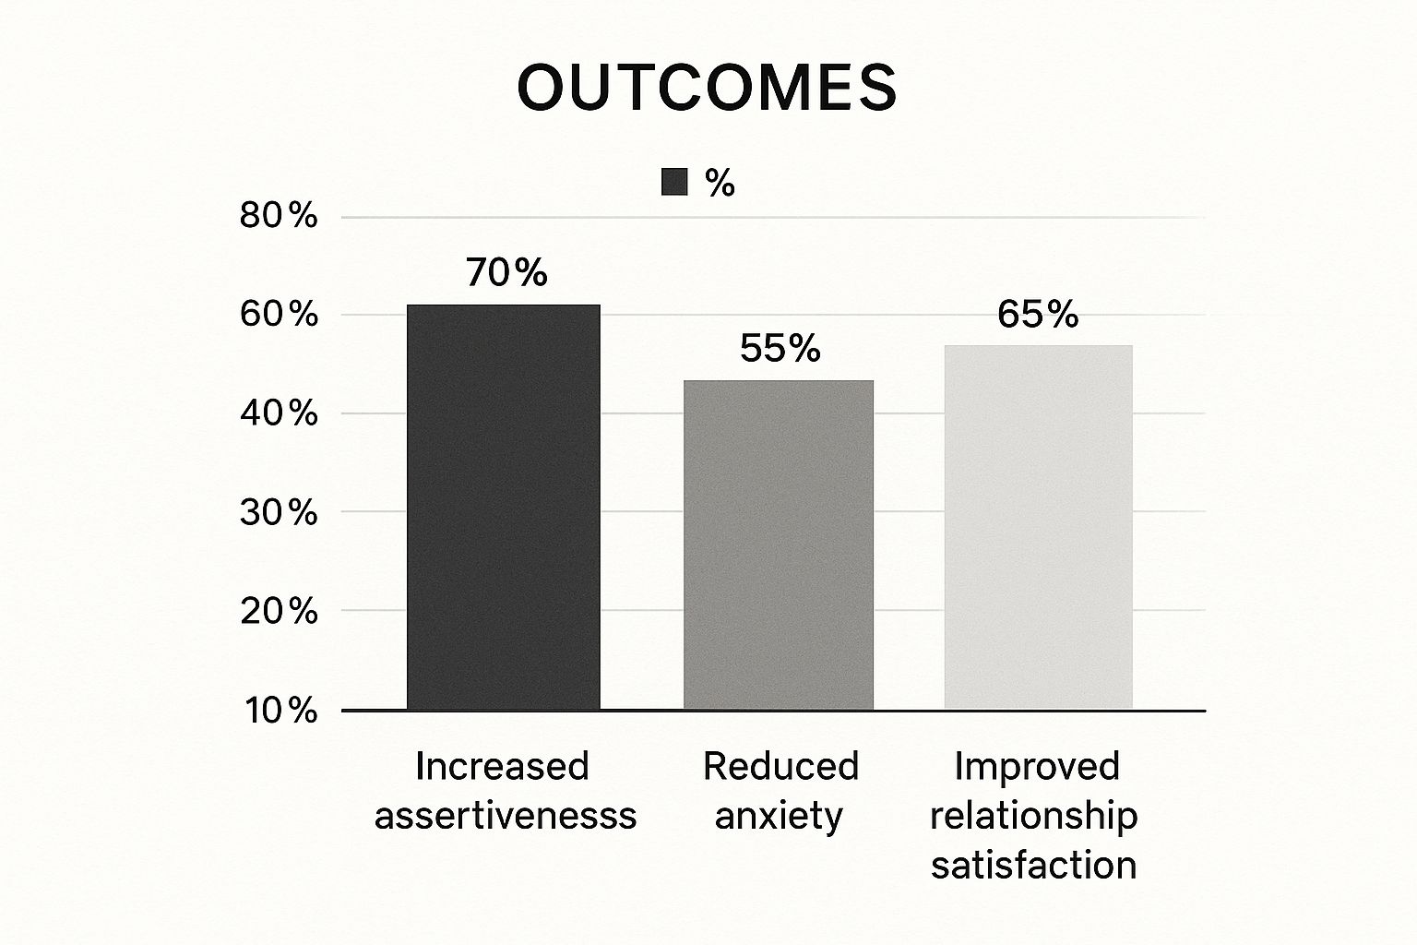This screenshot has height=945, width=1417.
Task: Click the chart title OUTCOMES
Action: pyautogui.click(x=707, y=89)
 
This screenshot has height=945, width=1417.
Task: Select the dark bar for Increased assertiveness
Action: pyautogui.click(x=504, y=507)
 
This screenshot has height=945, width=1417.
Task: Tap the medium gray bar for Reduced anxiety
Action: pyautogui.click(x=778, y=544)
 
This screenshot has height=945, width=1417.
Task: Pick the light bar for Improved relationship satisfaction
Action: pyautogui.click(x=1038, y=527)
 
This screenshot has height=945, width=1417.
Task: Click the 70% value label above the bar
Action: pyautogui.click(x=506, y=273)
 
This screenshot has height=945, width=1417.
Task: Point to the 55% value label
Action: pyautogui.click(x=780, y=349)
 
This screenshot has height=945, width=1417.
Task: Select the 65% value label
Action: pyautogui.click(x=1038, y=315)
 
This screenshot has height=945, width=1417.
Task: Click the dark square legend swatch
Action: pyautogui.click(x=674, y=183)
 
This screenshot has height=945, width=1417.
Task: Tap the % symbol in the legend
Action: pyautogui.click(x=720, y=184)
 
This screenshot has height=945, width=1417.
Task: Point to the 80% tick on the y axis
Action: pyautogui.click(x=279, y=217)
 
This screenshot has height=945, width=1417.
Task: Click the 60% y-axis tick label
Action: pyautogui.click(x=279, y=315)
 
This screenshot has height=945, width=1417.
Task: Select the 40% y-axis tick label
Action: pyautogui.click(x=279, y=413)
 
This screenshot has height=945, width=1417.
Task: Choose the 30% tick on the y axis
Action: pyautogui.click(x=279, y=512)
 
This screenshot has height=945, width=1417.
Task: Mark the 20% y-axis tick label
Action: pyautogui.click(x=279, y=611)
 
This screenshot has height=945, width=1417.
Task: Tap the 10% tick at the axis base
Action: pyautogui.click(x=279, y=711)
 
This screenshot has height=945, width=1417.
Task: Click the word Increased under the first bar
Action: pyautogui.click(x=503, y=766)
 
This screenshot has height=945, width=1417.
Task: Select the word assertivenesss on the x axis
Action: pyautogui.click(x=506, y=816)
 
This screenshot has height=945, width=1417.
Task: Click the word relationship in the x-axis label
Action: pyautogui.click(x=1034, y=816)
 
